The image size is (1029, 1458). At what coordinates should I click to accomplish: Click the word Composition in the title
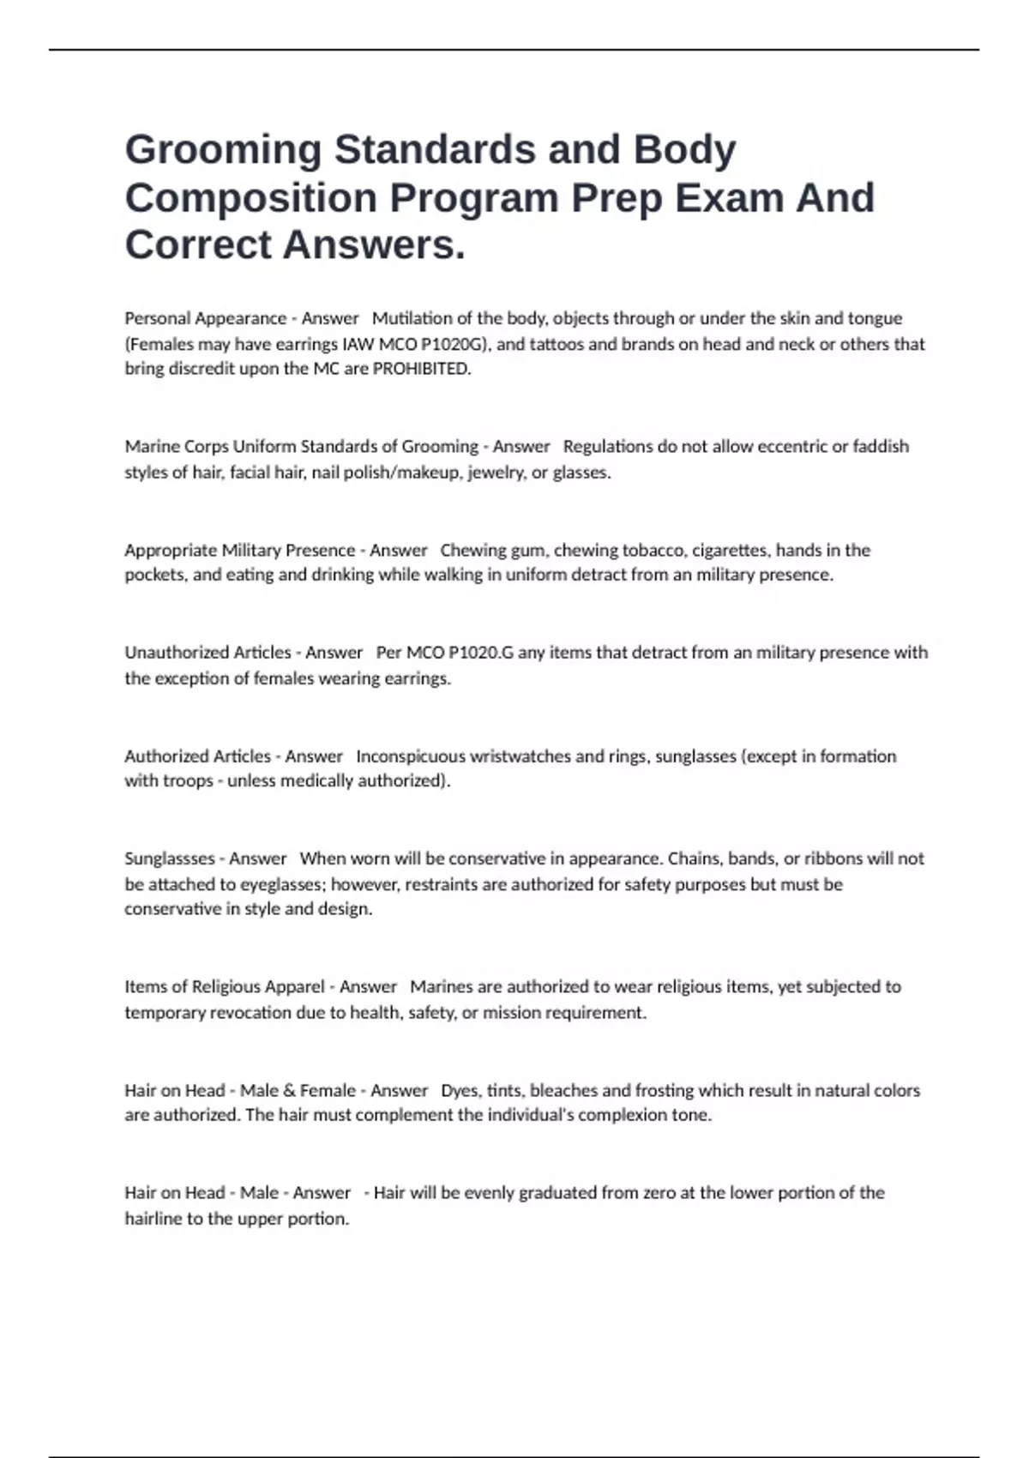(250, 198)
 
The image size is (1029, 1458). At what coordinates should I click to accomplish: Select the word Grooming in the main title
(223, 150)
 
